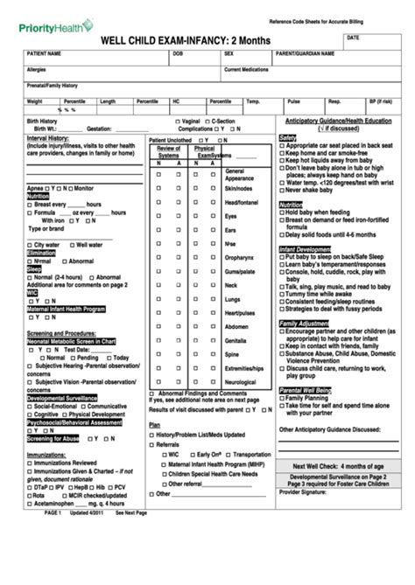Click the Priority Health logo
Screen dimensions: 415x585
click(54, 26)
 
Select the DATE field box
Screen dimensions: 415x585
click(376, 43)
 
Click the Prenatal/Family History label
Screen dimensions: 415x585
click(53, 86)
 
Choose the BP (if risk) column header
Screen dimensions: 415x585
click(379, 101)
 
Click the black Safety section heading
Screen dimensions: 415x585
click(287, 137)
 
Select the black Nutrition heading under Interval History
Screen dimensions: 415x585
click(38, 197)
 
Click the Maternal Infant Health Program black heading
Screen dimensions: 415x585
click(67, 309)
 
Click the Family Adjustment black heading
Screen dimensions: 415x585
click(304, 324)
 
